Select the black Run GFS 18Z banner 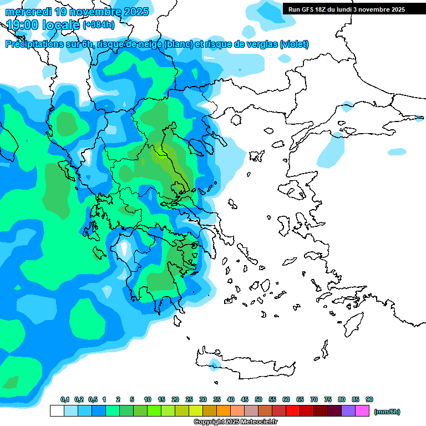346,9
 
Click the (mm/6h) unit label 387,412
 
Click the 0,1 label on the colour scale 65,400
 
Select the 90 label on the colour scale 369,400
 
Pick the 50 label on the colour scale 258,400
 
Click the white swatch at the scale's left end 57,411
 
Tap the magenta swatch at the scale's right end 362,411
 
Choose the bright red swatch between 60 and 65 293,411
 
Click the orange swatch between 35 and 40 224,411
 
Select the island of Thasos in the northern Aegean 236,120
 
